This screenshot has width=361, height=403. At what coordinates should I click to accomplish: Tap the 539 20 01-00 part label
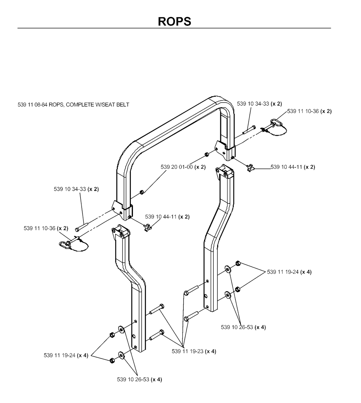[177, 167]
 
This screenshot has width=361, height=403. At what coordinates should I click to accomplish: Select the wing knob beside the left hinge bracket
[147, 228]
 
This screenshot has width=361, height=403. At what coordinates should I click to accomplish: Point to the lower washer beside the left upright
[121, 354]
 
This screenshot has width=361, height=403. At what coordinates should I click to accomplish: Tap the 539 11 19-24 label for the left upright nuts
[60, 355]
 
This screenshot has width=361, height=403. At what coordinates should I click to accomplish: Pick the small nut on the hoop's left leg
[141, 192]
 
